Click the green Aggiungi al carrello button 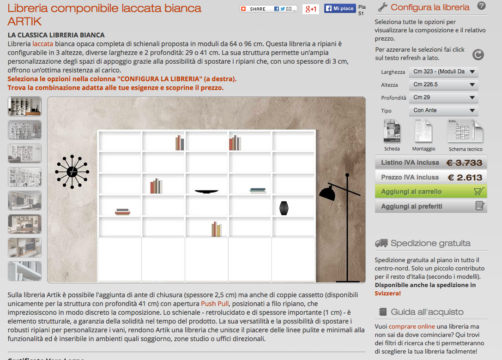431,192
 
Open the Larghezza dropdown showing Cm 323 443,72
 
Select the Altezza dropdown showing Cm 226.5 443,84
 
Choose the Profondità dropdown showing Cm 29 443,97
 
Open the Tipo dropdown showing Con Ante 443,110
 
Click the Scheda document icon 392,131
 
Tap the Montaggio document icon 423,131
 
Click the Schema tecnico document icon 465,131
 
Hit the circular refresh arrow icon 478,54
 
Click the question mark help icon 481,6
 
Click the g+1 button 310,9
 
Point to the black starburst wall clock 72,172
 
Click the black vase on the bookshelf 284,208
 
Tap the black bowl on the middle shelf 206,192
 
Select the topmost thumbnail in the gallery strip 24,106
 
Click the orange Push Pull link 215,304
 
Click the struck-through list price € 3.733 464,163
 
